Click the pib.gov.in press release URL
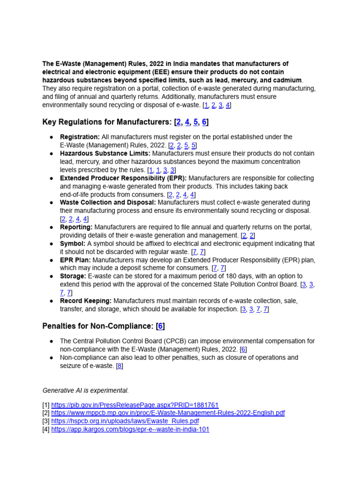(135, 405)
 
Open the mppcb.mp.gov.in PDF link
(168, 413)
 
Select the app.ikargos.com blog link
(130, 429)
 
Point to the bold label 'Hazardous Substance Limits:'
(105, 153)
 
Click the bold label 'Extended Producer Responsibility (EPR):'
(123, 178)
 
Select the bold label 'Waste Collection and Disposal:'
(108, 202)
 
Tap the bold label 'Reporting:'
(76, 227)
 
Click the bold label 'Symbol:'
(73, 244)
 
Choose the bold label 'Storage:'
(73, 276)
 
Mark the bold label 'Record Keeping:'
(86, 300)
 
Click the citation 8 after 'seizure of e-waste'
(120, 366)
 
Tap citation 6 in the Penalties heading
(161, 326)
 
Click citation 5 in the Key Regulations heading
(196, 122)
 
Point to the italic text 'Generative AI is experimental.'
(85, 390)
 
